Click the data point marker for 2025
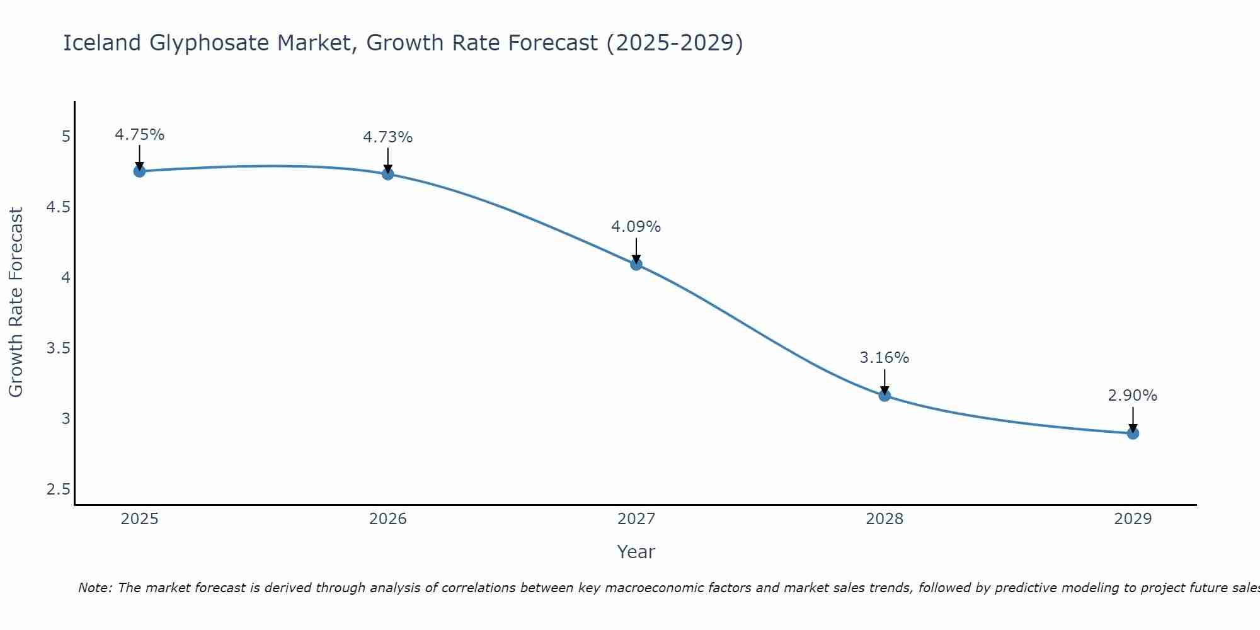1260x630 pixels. (139, 171)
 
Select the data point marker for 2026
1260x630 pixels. (388, 174)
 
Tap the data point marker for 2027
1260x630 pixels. (636, 265)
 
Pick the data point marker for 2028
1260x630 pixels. (885, 396)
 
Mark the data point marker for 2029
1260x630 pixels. (1133, 433)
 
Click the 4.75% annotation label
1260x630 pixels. (140, 135)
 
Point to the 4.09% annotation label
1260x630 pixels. (636, 227)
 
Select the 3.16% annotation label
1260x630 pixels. (885, 358)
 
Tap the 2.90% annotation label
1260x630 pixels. (1133, 396)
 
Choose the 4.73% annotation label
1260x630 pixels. (388, 137)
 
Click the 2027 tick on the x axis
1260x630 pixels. (636, 519)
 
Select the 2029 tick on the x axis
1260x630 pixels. (1133, 519)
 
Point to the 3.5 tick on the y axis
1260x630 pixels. (58, 348)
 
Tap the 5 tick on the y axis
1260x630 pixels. (66, 137)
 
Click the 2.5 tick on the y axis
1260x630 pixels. (58, 490)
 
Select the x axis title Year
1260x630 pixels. (636, 552)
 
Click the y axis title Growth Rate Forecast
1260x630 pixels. (16, 302)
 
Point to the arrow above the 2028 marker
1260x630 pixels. (885, 381)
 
